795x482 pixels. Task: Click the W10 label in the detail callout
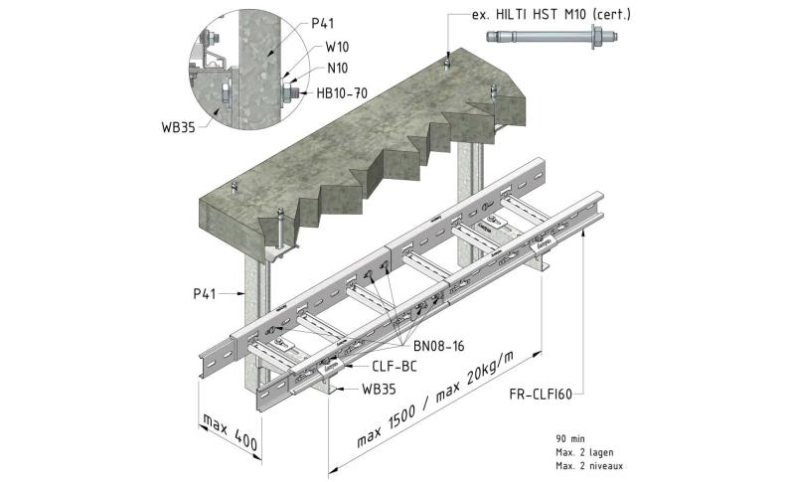pyautogui.click(x=335, y=46)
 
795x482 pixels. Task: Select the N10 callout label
pyautogui.click(x=335, y=68)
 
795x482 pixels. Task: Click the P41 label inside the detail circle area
pyautogui.click(x=324, y=22)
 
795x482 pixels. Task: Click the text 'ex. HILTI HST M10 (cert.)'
pyautogui.click(x=552, y=16)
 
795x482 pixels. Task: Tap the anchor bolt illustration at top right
pyautogui.click(x=552, y=39)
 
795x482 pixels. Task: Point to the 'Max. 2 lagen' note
pyautogui.click(x=585, y=451)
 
